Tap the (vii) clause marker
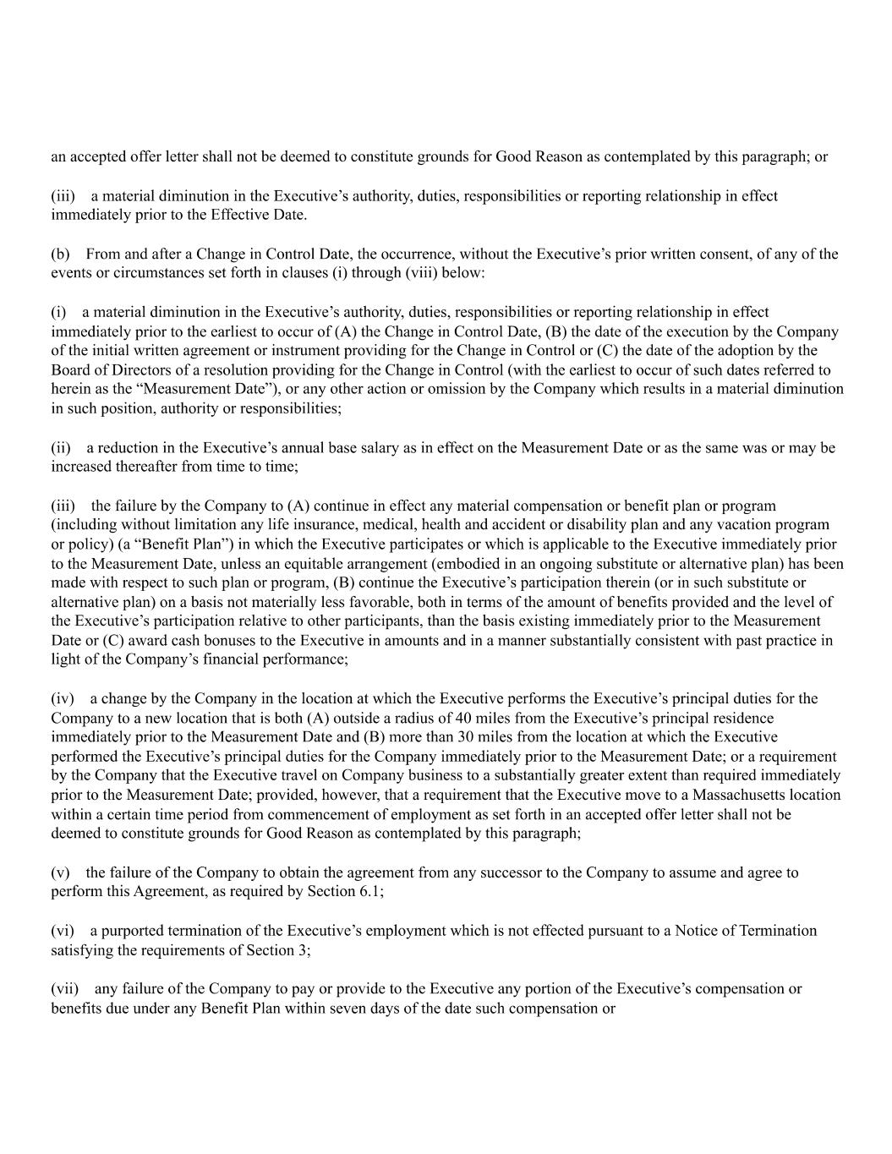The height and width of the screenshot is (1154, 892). point(64,988)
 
